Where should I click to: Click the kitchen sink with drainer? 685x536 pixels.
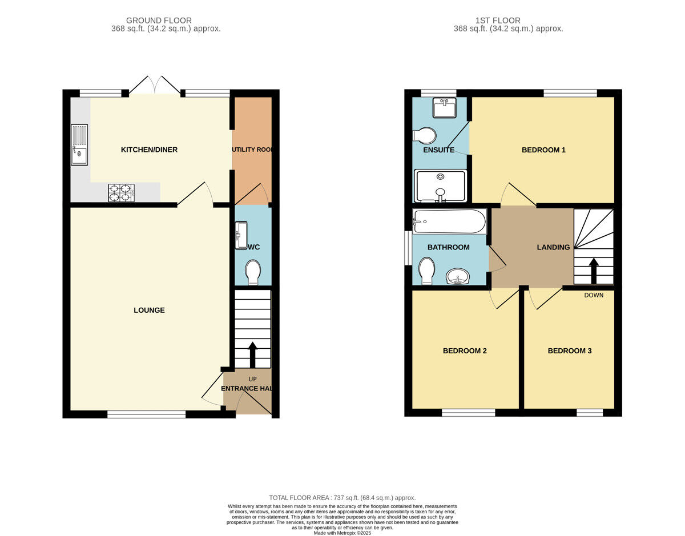click(79, 144)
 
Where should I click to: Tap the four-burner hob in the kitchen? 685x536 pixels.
click(122, 193)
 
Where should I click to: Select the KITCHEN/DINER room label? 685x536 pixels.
click(149, 150)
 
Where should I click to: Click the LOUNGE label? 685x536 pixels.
click(149, 310)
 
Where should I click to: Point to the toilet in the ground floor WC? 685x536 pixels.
click(253, 272)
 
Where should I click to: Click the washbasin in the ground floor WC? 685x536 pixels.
click(241, 235)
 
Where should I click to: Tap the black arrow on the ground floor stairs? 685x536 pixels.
click(252, 355)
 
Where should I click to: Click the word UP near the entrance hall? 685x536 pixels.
click(252, 379)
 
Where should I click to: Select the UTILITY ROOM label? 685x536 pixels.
click(252, 150)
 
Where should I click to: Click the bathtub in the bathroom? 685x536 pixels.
click(449, 221)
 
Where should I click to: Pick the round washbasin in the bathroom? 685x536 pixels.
click(458, 277)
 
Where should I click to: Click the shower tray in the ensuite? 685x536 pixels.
click(440, 186)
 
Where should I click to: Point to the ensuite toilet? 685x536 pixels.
click(424, 136)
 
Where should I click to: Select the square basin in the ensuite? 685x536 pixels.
click(445, 108)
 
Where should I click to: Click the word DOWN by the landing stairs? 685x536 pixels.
click(594, 295)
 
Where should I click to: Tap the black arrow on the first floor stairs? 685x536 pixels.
click(594, 271)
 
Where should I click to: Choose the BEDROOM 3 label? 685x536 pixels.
click(570, 350)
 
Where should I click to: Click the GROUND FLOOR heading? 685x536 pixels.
click(159, 21)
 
